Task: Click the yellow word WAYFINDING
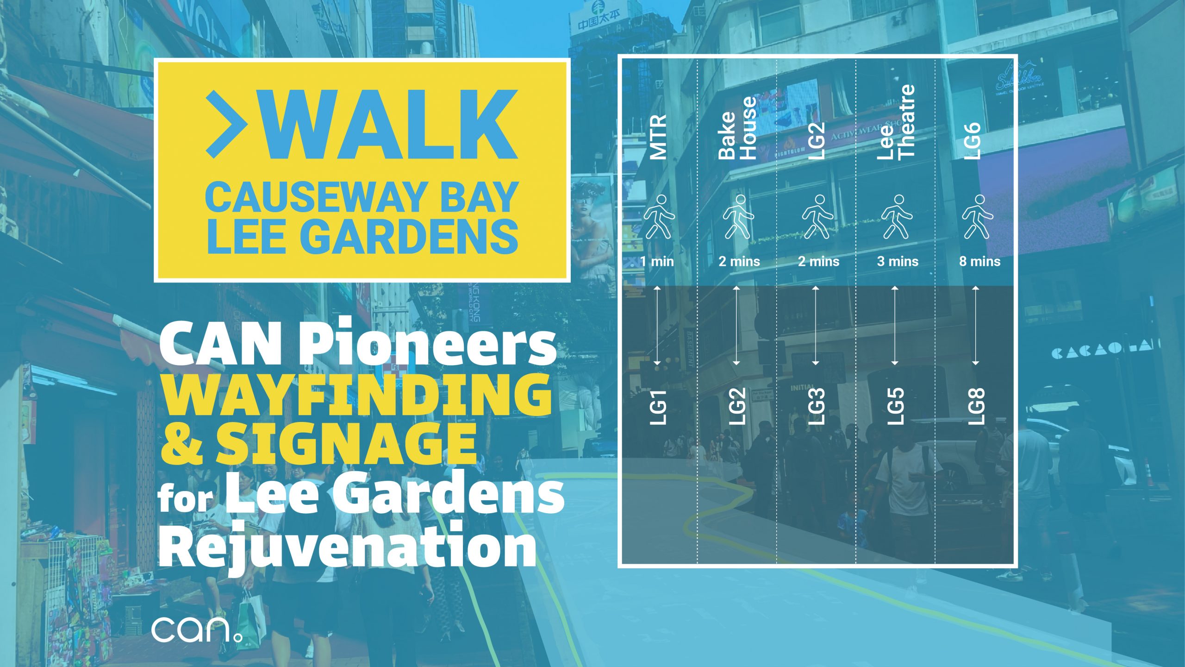click(355, 395)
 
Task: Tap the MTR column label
click(658, 137)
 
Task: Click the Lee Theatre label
click(896, 122)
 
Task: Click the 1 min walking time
click(657, 262)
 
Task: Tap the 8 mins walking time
click(979, 262)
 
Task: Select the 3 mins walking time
click(898, 262)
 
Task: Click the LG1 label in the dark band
click(658, 407)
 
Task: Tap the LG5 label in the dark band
click(896, 407)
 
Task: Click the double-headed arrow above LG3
click(816, 326)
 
